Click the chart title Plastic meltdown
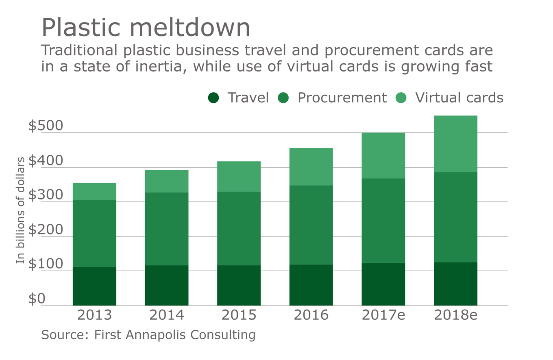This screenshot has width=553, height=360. pos(146,28)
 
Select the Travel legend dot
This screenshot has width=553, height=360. pos(213,98)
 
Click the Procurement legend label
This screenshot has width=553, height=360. pos(342,98)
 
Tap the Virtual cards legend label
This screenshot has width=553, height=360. pos(459,98)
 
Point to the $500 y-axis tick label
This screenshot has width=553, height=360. pos(46,126)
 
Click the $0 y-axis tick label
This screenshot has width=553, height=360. pos(37,299)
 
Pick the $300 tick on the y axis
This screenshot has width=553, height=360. pos(46,196)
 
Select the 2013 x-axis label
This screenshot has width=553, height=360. pos(94,315)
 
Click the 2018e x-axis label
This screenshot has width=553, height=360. pos(455,315)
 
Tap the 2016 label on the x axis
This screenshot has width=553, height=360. pos(311,315)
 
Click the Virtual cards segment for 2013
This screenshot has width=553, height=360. pos(94,192)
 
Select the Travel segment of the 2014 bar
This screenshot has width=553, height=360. pos(167,285)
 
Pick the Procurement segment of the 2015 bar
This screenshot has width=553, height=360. pos(239,228)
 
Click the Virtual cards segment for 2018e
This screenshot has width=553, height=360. pos(455,144)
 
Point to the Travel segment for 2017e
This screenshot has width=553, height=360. pos(383,284)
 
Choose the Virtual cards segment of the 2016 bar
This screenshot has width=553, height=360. pos(311,167)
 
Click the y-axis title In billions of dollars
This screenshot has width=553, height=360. pos(21,210)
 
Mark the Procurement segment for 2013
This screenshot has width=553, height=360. pos(94,234)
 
